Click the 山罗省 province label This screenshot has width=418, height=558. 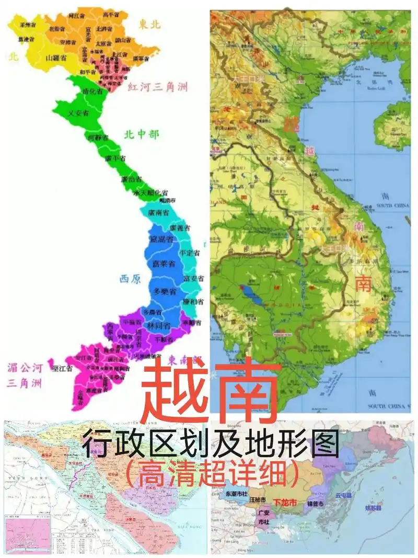(55, 58)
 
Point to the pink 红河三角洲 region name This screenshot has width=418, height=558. (158, 87)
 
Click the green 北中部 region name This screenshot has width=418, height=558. (141, 134)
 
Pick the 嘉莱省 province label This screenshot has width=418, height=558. (164, 265)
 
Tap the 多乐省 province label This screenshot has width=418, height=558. (164, 290)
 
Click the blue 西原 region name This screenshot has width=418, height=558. (130, 279)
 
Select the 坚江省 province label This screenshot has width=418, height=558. (62, 368)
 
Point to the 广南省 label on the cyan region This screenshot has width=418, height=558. (158, 213)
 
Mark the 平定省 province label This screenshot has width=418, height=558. (190, 253)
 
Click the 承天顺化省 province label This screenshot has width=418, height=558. (150, 193)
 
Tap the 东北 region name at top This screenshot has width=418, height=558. (150, 24)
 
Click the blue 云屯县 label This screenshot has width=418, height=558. (344, 495)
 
